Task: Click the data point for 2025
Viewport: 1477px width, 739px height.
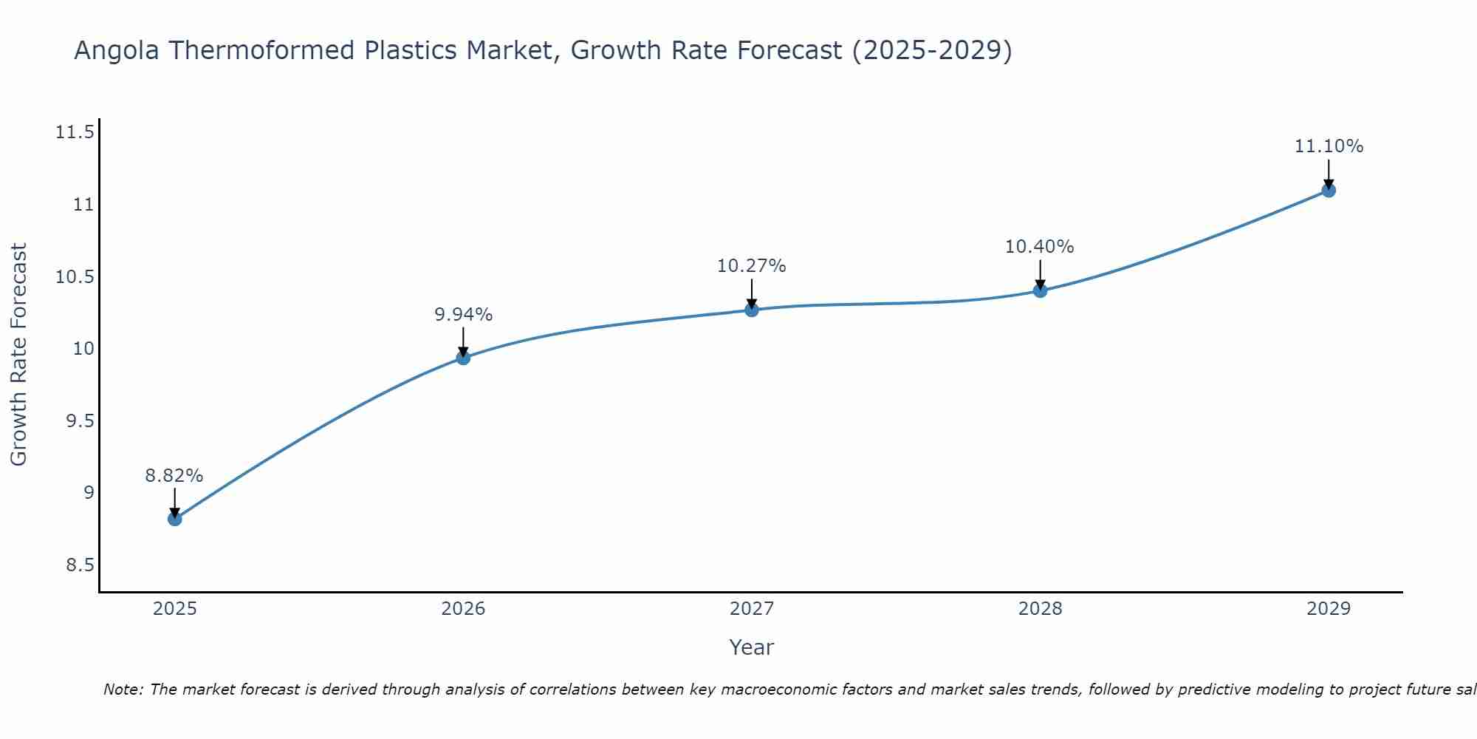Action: coord(174,519)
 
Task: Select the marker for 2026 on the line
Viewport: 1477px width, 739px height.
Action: coord(463,358)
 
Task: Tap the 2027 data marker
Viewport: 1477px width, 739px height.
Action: coord(752,310)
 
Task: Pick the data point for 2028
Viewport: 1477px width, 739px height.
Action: coord(1040,290)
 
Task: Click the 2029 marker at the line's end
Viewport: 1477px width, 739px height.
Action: coord(1329,190)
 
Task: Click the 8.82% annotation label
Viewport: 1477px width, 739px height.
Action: coord(174,476)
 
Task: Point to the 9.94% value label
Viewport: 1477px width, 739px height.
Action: coord(463,315)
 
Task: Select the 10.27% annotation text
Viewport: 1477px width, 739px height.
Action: coord(752,266)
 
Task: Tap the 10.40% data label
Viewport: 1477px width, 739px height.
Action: coord(1040,247)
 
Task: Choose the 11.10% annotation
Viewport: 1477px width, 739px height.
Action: coord(1329,146)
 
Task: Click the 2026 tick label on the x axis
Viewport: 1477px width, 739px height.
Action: coord(463,609)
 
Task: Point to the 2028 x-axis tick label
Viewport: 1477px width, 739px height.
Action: coord(1040,609)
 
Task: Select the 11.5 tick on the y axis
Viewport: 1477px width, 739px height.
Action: coord(75,133)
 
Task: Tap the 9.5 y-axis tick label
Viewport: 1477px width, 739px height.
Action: coord(80,421)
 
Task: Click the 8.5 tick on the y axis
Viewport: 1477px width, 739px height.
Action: coord(80,565)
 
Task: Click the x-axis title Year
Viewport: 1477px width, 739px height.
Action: coord(751,647)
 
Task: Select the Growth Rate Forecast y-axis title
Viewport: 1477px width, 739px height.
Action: coord(18,355)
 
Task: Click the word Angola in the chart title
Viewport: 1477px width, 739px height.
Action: coord(117,51)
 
